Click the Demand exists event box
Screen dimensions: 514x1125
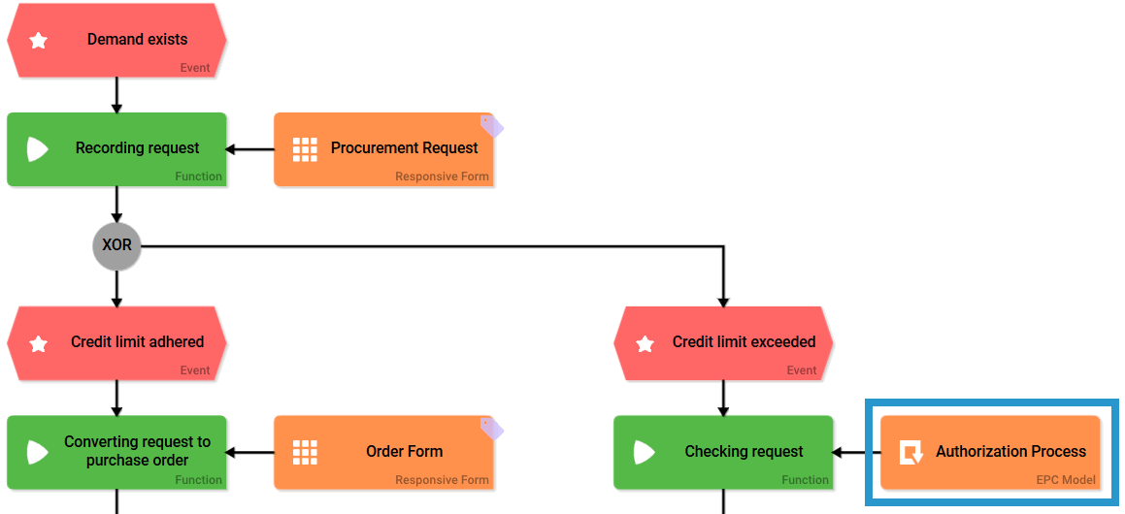(116, 40)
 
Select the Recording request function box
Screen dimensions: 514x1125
(116, 148)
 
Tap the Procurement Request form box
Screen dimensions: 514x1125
(383, 148)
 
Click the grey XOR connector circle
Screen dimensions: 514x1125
(116, 245)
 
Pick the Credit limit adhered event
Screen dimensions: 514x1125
(116, 342)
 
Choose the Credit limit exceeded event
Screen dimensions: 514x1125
(723, 342)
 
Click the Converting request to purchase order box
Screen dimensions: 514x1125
(116, 451)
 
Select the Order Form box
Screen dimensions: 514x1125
(383, 451)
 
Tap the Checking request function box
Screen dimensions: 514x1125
(723, 451)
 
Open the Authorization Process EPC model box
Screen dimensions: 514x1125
(990, 451)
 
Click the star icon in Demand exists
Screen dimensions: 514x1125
(39, 41)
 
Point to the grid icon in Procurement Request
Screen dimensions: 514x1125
(305, 148)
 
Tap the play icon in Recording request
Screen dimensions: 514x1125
(37, 149)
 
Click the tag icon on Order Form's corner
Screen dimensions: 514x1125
(492, 428)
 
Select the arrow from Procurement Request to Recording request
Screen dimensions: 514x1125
(250, 149)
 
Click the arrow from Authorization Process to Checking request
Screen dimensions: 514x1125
(857, 452)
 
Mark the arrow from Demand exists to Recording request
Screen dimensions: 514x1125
(116, 95)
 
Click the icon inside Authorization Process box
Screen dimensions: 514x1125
(910, 453)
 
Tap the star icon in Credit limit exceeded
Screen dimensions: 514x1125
(645, 343)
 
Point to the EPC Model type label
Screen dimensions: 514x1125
(1065, 480)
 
